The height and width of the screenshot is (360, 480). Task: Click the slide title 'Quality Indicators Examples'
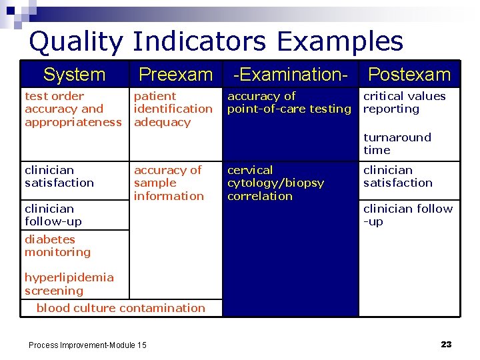click(216, 41)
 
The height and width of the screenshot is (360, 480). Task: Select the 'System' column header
click(74, 75)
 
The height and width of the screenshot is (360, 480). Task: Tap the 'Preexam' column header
click(175, 75)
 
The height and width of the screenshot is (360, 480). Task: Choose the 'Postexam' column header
click(409, 75)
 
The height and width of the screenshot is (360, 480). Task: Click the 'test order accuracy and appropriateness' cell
click(73, 109)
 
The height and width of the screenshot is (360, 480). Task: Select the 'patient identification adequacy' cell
click(173, 109)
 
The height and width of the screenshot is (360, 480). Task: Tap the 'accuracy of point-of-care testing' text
click(289, 102)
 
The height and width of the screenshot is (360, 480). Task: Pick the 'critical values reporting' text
click(404, 102)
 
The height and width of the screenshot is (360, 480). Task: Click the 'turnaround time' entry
click(397, 143)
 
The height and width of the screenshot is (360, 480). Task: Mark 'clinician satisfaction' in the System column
click(59, 176)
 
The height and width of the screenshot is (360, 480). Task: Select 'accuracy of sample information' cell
click(169, 183)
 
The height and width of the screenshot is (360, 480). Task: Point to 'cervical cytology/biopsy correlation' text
click(275, 183)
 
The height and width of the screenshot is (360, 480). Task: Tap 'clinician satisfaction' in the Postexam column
click(397, 176)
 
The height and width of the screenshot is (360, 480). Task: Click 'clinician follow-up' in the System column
click(53, 215)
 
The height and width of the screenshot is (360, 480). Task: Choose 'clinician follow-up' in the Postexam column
click(407, 215)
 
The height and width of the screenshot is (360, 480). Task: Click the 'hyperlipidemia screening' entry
click(69, 284)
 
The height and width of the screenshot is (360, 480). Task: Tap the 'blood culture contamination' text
click(121, 308)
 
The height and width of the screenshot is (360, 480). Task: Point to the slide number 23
click(446, 344)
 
